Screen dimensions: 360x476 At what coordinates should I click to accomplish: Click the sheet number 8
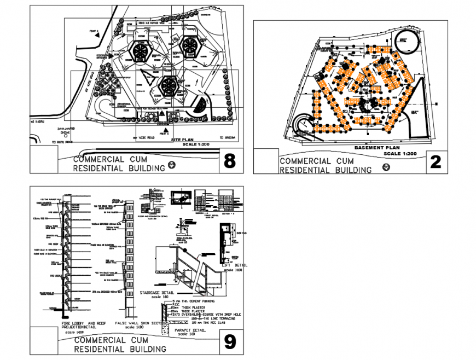(x=230, y=161)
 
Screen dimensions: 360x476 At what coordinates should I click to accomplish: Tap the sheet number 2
(x=436, y=162)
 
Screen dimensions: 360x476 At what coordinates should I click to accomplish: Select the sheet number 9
(x=230, y=342)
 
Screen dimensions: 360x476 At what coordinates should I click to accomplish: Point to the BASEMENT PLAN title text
(x=376, y=148)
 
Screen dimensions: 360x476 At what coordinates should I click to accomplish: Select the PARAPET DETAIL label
(x=190, y=330)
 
